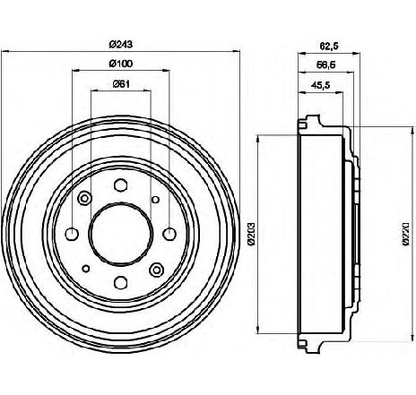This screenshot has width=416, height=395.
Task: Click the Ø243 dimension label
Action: (x=121, y=45)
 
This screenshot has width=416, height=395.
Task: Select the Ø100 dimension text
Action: (x=121, y=64)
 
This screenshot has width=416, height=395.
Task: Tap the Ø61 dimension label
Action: (x=121, y=84)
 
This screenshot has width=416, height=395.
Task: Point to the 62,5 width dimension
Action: (x=329, y=47)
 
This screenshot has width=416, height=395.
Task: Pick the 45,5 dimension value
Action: (x=320, y=86)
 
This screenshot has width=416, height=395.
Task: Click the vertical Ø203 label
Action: (x=251, y=234)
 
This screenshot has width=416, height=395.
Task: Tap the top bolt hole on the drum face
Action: (x=121, y=185)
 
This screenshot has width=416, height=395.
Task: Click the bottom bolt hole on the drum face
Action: (x=121, y=282)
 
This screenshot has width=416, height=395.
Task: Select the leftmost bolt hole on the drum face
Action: (x=72, y=234)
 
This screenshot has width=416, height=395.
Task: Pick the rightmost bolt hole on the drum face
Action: (x=169, y=234)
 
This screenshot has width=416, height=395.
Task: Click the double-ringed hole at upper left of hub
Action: (x=84, y=198)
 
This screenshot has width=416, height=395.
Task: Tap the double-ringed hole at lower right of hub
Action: (x=157, y=270)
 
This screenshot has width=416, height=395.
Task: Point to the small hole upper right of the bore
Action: (x=155, y=199)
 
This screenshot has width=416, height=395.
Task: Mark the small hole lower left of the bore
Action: (x=86, y=269)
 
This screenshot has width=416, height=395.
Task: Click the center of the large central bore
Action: (x=121, y=234)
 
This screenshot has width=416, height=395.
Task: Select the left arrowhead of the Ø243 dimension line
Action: (x=5, y=51)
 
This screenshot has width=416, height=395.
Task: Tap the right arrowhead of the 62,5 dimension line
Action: (x=356, y=54)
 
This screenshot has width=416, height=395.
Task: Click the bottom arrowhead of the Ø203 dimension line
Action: (x=257, y=329)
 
